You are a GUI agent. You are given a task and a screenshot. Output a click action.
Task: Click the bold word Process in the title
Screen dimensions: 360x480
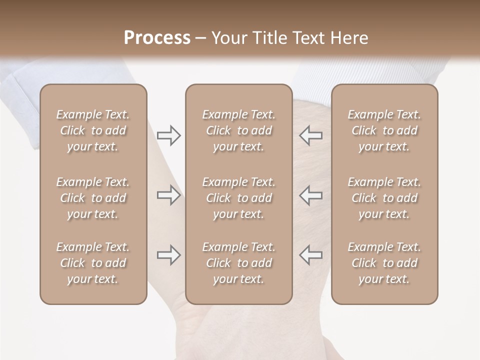point(157,38)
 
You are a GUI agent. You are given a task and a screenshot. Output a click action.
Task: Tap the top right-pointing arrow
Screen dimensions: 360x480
point(168,135)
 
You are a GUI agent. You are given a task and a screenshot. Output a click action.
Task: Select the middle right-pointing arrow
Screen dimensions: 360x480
point(168,195)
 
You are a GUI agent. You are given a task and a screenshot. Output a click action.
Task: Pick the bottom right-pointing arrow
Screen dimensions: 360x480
point(168,255)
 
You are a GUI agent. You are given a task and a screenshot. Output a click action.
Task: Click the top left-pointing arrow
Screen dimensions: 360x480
point(310,135)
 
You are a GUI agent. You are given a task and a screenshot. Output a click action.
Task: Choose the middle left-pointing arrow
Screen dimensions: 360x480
point(310,195)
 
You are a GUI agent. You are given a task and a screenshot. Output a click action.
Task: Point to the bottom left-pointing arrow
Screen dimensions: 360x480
point(310,255)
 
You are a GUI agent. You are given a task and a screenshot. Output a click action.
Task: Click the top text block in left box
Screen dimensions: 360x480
point(93,130)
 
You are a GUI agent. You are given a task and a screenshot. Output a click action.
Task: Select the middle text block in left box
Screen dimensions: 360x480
point(93,198)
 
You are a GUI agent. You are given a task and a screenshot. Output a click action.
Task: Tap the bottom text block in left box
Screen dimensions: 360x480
point(93,263)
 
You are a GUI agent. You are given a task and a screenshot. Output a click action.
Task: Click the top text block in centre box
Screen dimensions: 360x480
point(238,130)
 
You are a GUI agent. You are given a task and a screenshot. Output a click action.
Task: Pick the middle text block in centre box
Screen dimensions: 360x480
point(238,198)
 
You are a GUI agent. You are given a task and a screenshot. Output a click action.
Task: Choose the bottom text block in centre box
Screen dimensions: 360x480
point(238,263)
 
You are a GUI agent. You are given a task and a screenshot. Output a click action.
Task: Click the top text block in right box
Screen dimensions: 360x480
point(384,130)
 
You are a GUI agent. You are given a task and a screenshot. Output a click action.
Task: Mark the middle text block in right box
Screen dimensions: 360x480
point(384,198)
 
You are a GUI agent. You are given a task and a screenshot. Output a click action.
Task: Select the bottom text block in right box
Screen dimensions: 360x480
point(384,263)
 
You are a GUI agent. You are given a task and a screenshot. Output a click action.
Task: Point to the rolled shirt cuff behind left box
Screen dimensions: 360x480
point(22,100)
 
